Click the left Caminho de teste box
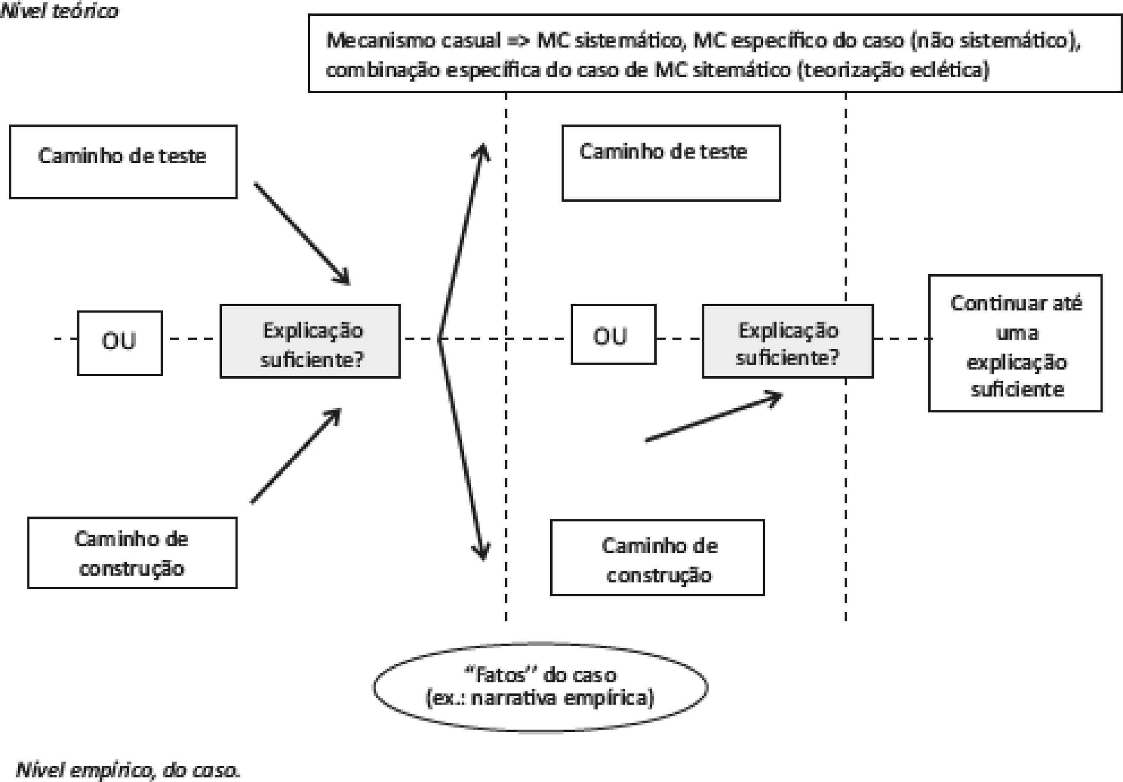pyautogui.click(x=123, y=162)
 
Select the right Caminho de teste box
pyautogui.click(x=670, y=163)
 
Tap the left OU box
pyautogui.click(x=120, y=343)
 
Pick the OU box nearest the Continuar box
pyautogui.click(x=613, y=334)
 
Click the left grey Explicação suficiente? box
pyautogui.click(x=310, y=341)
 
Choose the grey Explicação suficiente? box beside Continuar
pyautogui.click(x=787, y=341)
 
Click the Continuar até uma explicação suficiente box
pyautogui.click(x=1015, y=343)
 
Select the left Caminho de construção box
pyautogui.click(x=132, y=553)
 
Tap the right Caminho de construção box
pyautogui.click(x=657, y=557)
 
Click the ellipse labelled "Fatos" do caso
pyautogui.click(x=540, y=687)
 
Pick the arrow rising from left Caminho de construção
pyautogui.click(x=296, y=455)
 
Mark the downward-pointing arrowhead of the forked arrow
pyautogui.click(x=482, y=553)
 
